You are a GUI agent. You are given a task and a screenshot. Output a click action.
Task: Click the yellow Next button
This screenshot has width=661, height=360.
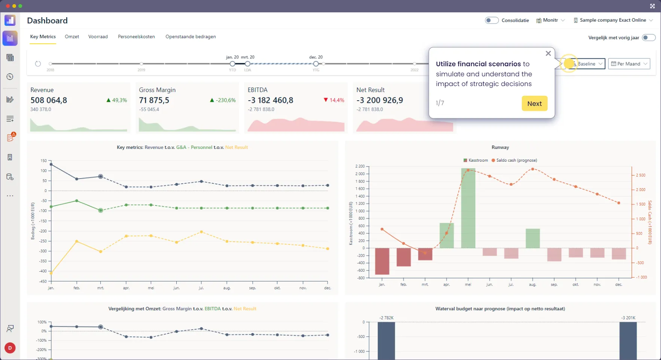(x=534, y=104)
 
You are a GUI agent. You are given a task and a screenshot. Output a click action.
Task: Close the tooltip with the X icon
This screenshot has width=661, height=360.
(x=548, y=54)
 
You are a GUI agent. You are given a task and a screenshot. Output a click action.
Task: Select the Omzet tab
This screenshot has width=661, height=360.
(x=72, y=37)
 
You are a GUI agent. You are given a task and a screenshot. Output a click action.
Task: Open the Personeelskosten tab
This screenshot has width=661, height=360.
(x=136, y=37)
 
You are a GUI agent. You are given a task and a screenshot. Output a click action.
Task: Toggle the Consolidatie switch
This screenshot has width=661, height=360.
(x=491, y=20)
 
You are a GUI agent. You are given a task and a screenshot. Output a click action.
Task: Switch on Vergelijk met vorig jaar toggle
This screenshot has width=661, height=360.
(x=648, y=37)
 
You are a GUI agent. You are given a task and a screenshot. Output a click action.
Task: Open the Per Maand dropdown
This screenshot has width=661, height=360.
(x=629, y=64)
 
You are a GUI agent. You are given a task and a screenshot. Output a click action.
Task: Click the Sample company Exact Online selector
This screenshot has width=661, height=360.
(x=613, y=20)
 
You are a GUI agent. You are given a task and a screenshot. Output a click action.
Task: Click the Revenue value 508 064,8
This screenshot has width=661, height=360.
(x=49, y=100)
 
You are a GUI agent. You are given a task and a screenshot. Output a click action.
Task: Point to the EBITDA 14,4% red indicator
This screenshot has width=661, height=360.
(x=333, y=100)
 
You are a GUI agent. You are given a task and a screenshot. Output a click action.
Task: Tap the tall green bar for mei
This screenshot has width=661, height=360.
(x=468, y=208)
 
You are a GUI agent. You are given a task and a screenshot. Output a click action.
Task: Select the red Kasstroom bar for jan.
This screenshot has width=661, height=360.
(x=382, y=261)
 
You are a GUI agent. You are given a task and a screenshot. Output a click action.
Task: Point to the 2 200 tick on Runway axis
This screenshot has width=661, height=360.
(x=360, y=166)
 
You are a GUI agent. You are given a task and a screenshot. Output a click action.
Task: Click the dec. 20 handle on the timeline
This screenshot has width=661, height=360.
(x=316, y=64)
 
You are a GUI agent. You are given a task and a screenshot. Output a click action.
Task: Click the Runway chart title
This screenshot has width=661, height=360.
(x=500, y=147)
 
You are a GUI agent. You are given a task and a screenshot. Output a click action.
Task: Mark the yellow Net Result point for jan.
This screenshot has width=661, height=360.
(x=51, y=273)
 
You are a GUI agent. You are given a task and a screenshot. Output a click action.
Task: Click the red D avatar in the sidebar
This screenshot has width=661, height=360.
(x=10, y=348)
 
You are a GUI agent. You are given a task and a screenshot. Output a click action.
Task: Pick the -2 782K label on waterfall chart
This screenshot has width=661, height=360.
(x=386, y=318)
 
